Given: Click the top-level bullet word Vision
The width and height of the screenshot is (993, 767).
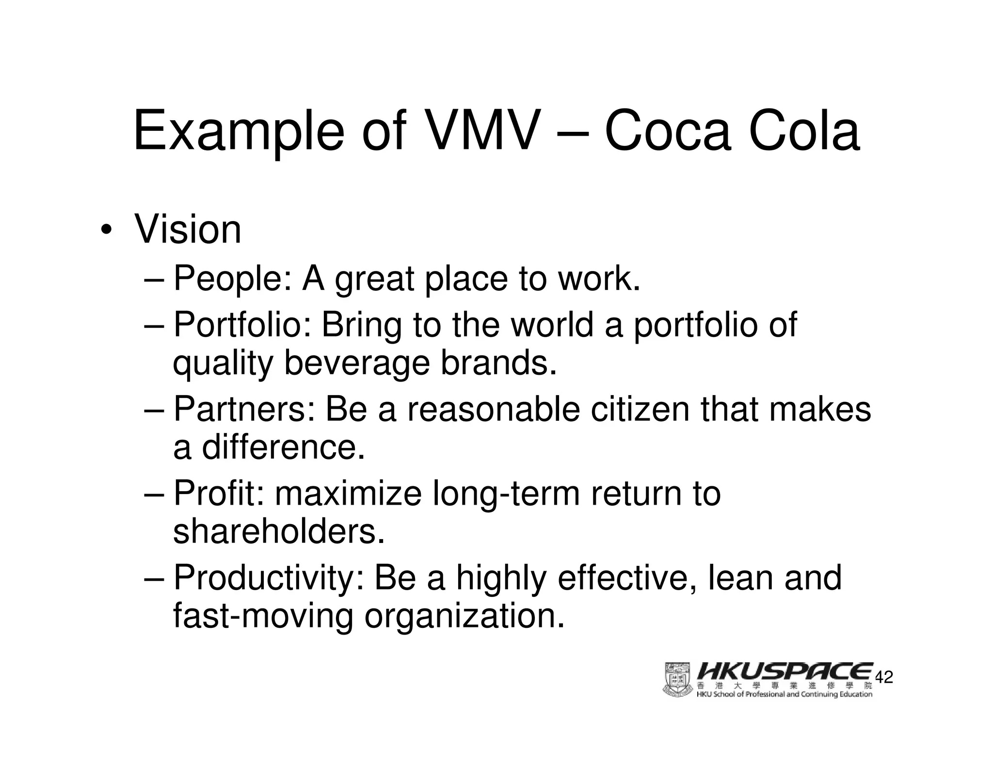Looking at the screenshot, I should click(x=188, y=229).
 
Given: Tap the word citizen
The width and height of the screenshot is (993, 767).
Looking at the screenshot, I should click(x=640, y=409).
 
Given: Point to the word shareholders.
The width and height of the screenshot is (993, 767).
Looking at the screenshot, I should click(x=279, y=532).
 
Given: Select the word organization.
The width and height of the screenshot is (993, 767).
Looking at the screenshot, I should click(x=464, y=616).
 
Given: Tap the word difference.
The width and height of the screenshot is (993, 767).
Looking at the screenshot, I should click(x=283, y=447).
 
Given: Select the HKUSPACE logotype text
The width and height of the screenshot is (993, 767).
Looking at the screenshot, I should click(x=785, y=671).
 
